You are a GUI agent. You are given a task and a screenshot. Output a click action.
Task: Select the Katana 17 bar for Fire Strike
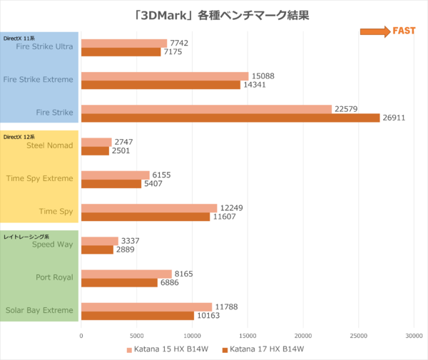point(230,118)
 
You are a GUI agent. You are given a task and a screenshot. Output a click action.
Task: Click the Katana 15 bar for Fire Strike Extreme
point(165,76)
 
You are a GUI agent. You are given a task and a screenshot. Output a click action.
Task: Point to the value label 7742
point(180,43)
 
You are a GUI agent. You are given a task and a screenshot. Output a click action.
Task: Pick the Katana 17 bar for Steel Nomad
point(95,150)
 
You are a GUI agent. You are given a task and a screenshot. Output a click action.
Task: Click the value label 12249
point(231,207)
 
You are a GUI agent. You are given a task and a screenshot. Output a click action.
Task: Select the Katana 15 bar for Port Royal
point(126,273)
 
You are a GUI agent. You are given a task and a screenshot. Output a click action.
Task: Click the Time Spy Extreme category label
point(39,178)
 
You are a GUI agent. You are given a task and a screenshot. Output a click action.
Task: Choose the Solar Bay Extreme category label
point(39,310)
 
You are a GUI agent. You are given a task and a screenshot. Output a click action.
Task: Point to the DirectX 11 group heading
point(19,38)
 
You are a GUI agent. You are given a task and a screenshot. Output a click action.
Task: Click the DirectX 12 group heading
point(19,136)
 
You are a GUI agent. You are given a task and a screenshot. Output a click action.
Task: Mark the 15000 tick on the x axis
point(248,334)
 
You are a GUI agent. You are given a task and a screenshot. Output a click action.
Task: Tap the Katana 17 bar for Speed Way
point(97,250)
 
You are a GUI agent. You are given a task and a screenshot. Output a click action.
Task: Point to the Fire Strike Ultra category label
point(44,47)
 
